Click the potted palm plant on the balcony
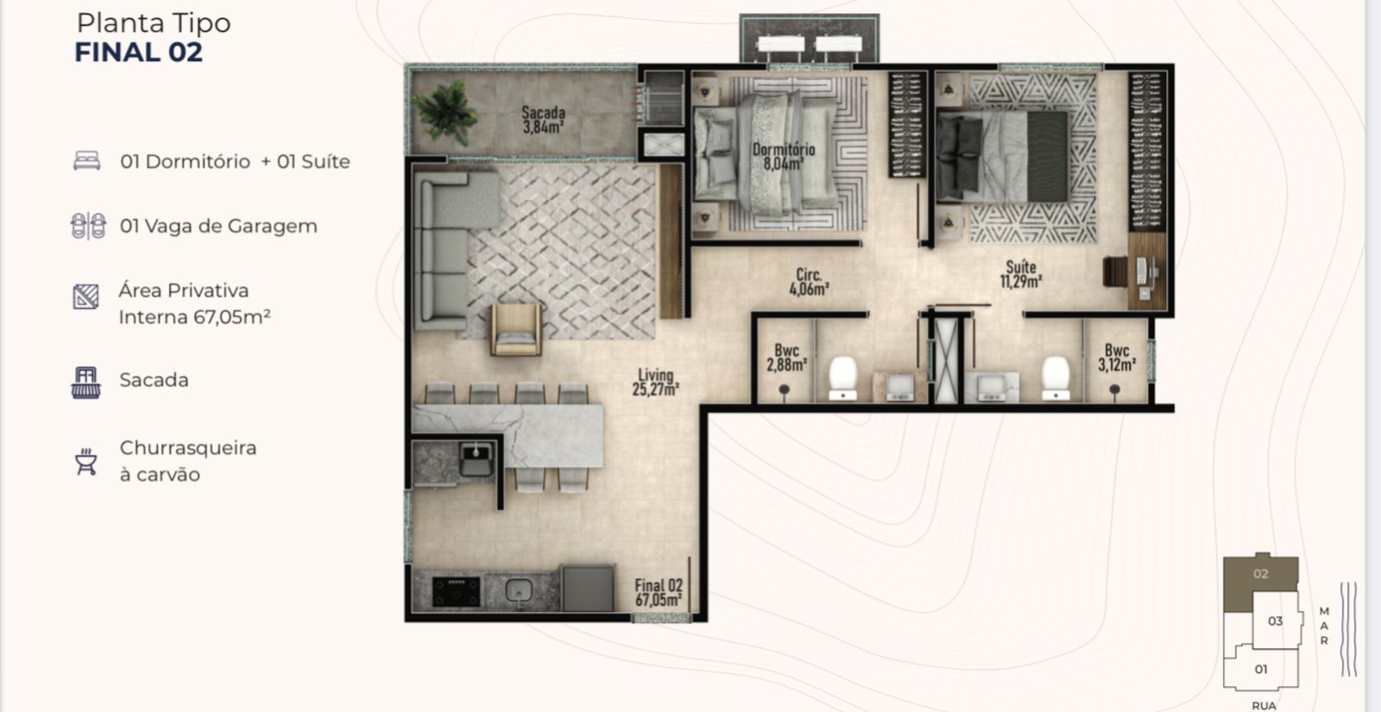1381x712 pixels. click(445, 112)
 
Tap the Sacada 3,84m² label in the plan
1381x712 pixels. click(543, 120)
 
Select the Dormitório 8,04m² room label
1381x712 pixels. click(784, 156)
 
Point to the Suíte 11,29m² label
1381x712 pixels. click(1020, 274)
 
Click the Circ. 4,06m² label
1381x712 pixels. click(809, 281)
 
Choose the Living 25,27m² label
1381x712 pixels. click(655, 382)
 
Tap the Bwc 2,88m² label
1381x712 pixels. click(786, 358)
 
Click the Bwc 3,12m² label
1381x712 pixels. click(1117, 358)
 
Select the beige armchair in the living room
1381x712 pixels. click(517, 329)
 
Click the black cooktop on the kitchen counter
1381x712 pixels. click(457, 591)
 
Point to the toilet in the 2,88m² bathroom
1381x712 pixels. click(842, 378)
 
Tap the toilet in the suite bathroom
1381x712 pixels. click(1055, 378)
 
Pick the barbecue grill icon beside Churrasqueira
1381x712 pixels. click(86, 461)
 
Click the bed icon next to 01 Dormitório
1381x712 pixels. click(87, 161)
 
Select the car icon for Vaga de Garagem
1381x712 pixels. click(88, 225)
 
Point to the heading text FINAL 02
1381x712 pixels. click(139, 53)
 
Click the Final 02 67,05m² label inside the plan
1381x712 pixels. click(659, 592)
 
